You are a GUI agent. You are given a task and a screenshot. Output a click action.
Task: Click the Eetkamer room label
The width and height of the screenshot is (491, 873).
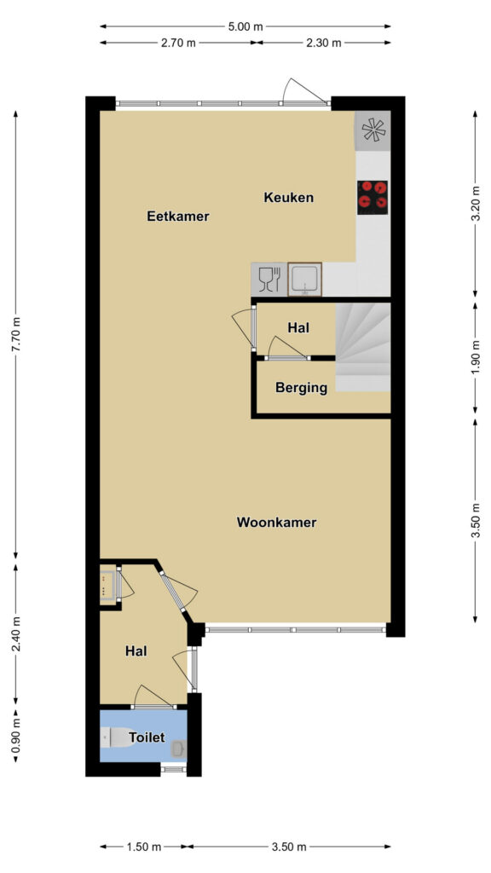point(177,216)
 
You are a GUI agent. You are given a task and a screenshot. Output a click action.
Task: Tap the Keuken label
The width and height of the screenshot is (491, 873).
point(288,197)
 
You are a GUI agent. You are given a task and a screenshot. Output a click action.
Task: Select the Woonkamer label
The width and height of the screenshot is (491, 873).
point(277,523)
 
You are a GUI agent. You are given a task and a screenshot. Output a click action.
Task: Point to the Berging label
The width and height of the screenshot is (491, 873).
point(301,388)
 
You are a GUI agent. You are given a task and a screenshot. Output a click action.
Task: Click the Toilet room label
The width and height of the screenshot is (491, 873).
point(147,737)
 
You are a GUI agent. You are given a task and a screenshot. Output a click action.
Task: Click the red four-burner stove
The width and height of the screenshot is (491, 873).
point(373,197)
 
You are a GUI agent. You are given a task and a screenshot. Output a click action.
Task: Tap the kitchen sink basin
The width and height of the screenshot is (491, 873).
point(304,279)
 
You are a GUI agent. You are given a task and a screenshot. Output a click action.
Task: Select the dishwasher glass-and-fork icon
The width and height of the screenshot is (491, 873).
point(269,279)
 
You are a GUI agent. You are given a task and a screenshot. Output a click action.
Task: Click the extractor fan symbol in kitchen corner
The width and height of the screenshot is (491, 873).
point(373,130)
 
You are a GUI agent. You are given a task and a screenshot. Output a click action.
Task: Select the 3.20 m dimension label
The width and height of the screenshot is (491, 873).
point(475,203)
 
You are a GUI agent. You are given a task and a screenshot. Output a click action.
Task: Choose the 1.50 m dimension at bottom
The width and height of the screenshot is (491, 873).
point(142,847)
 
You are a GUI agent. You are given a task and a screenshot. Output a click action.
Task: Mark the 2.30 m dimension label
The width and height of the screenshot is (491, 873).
point(322,43)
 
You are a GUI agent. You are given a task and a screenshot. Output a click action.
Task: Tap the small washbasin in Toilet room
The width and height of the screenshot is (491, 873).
point(179,749)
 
